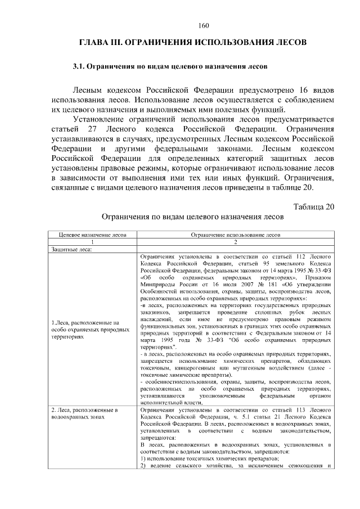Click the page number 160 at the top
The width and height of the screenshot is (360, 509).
204,24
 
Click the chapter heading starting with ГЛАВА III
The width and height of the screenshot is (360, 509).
192,43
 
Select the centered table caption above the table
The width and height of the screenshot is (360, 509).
192,217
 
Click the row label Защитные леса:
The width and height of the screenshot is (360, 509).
72,248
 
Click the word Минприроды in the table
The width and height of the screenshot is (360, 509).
156,285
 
